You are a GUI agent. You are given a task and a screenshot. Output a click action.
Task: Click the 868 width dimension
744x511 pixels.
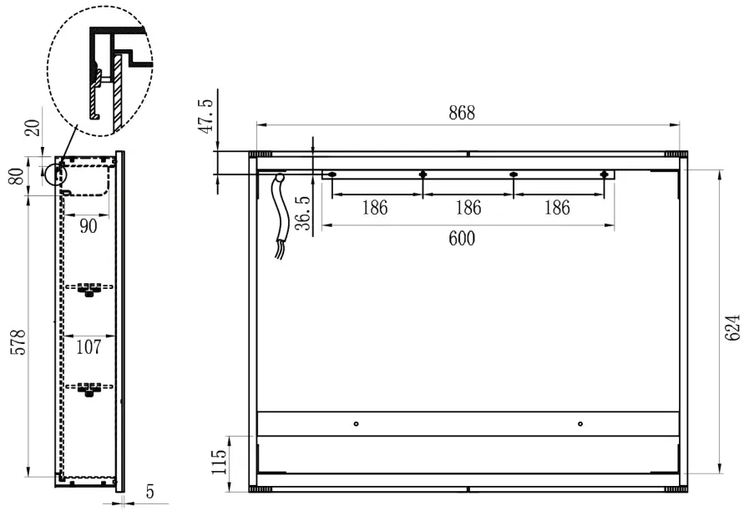pyautogui.click(x=461, y=114)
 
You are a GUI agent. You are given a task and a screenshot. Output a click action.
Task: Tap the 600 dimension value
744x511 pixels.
pyautogui.click(x=461, y=239)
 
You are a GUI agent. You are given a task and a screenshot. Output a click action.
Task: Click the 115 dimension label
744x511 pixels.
pyautogui.click(x=218, y=460)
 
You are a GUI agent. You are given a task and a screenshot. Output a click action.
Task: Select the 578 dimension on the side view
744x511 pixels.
pyautogui.click(x=18, y=343)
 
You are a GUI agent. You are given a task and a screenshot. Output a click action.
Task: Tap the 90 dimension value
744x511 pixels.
pyautogui.click(x=88, y=225)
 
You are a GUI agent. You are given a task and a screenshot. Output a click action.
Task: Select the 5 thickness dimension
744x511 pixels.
pyautogui.click(x=149, y=493)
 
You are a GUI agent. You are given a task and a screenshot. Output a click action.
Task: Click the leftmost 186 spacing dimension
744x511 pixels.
pyautogui.click(x=375, y=208)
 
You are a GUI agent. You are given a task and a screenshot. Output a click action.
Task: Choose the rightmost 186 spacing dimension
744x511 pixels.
pyautogui.click(x=556, y=208)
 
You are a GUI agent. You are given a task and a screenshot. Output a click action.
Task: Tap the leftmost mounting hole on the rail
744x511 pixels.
pyautogui.click(x=332, y=175)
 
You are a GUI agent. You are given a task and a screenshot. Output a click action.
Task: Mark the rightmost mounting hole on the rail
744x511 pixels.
pyautogui.click(x=604, y=175)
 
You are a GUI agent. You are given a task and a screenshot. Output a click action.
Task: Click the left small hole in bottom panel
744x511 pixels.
pyautogui.click(x=356, y=424)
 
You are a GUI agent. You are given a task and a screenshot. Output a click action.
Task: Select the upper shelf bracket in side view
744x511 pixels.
pyautogui.click(x=88, y=289)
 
